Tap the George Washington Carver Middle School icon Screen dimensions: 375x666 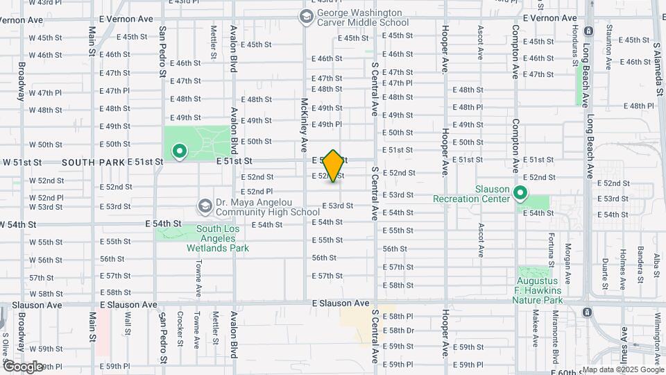click(306, 15)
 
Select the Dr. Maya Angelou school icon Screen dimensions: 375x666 click(205, 206)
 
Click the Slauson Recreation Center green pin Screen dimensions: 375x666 click(520, 194)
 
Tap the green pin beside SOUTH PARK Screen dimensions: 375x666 click(180, 151)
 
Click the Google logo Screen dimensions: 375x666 click(22, 366)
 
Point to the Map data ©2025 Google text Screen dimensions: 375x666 click(622, 369)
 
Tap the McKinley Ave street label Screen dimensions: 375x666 click(304, 125)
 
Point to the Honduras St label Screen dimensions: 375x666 click(574, 42)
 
